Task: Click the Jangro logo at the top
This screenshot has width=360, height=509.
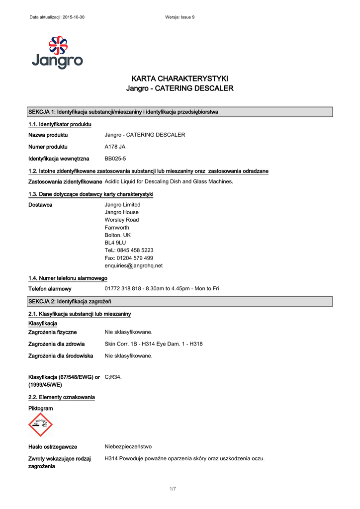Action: (x=57, y=52)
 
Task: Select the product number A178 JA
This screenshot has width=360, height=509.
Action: (x=115, y=147)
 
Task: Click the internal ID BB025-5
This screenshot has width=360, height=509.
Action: (x=115, y=159)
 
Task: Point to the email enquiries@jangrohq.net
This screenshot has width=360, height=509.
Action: (x=133, y=265)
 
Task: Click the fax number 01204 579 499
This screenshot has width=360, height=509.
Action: (x=129, y=258)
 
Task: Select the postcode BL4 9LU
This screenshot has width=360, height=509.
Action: (x=115, y=243)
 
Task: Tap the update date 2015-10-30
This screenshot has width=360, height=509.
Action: (x=73, y=17)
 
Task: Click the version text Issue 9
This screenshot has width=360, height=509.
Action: (x=186, y=17)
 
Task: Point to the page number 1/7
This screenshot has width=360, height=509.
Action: (x=173, y=489)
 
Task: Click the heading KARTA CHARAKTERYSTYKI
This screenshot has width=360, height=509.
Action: (x=180, y=79)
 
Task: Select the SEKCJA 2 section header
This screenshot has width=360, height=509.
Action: (x=70, y=301)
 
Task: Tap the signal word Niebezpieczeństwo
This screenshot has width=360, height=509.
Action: (x=128, y=447)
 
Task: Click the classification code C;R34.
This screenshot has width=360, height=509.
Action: (x=113, y=377)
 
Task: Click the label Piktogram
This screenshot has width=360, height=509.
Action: (x=40, y=409)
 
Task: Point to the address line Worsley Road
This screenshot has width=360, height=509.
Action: (x=122, y=220)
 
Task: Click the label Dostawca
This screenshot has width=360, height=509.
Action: (x=40, y=205)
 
